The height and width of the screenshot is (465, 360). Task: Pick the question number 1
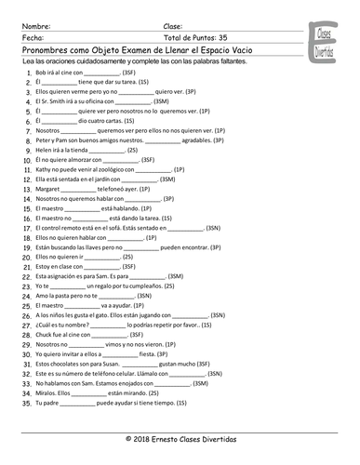point(27,71)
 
